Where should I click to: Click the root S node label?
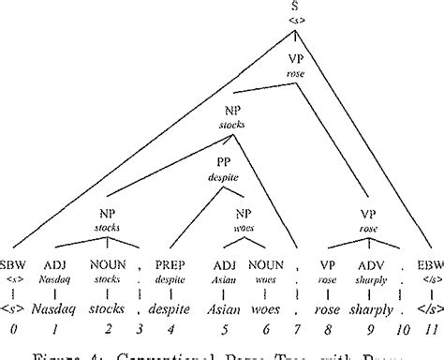296,8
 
